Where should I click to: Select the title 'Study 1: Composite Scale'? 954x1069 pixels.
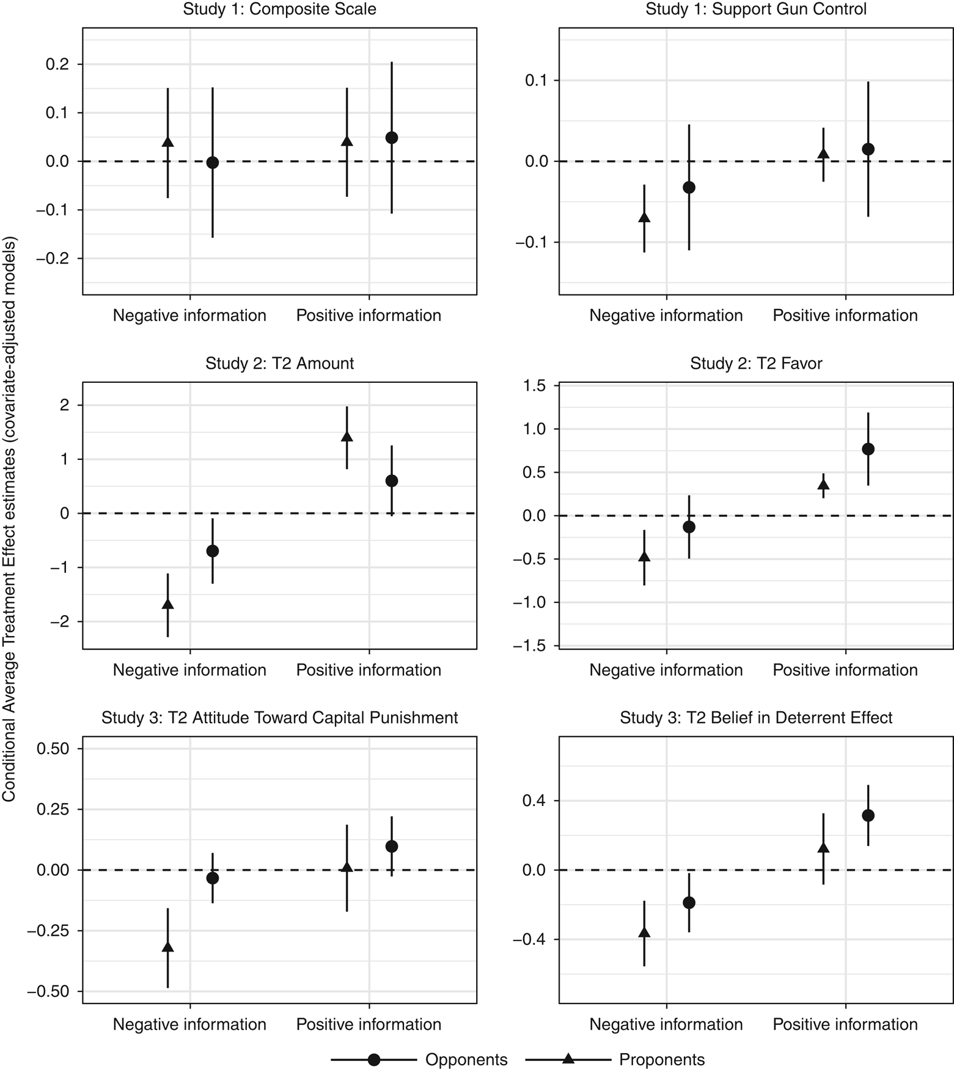(279, 9)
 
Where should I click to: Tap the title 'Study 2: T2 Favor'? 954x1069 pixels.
(756, 363)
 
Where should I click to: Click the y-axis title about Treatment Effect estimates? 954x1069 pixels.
(9, 519)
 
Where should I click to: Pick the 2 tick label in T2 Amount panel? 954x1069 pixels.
(64, 405)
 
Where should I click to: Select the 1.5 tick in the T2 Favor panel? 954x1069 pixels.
(534, 385)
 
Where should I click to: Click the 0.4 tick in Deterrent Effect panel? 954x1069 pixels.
(532, 801)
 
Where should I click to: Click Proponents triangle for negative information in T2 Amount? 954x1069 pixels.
(167, 604)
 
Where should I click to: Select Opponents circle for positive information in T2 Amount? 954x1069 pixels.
(392, 481)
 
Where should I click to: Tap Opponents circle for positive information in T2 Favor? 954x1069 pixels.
(868, 449)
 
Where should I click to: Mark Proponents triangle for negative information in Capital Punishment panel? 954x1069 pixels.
(167, 947)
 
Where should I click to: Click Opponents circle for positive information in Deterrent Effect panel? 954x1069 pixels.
(868, 815)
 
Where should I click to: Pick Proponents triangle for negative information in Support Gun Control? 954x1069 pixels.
(644, 217)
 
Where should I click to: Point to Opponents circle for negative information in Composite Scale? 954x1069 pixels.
(213, 163)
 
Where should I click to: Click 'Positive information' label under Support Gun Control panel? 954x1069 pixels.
(845, 316)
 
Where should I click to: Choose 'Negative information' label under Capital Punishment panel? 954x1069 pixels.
(189, 1024)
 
